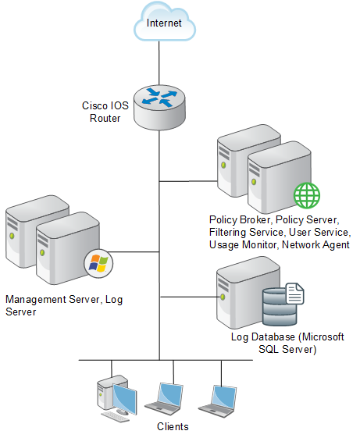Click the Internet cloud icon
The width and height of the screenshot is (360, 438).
click(x=165, y=22)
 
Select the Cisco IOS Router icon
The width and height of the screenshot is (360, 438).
click(x=159, y=108)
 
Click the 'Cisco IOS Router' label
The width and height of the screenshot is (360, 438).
click(x=105, y=112)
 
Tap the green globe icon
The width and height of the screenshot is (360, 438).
click(x=307, y=195)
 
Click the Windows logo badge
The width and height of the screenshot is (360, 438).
click(x=98, y=263)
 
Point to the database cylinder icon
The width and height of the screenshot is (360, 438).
click(x=280, y=307)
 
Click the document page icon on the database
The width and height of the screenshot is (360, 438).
click(x=294, y=294)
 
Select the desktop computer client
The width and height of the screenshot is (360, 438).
click(x=117, y=398)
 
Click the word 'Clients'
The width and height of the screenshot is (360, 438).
click(x=173, y=426)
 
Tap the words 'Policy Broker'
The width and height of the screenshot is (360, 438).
click(x=240, y=220)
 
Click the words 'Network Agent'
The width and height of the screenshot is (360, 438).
click(x=315, y=244)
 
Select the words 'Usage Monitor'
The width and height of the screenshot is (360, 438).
click(x=243, y=244)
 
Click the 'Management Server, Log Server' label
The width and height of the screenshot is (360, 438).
click(x=64, y=305)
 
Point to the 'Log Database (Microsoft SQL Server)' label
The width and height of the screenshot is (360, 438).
click(x=287, y=343)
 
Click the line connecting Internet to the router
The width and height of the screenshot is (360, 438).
click(x=159, y=63)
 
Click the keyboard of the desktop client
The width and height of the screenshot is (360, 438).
click(x=115, y=416)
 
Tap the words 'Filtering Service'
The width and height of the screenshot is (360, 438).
click(x=246, y=232)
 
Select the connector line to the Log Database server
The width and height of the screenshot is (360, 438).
click(x=189, y=297)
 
